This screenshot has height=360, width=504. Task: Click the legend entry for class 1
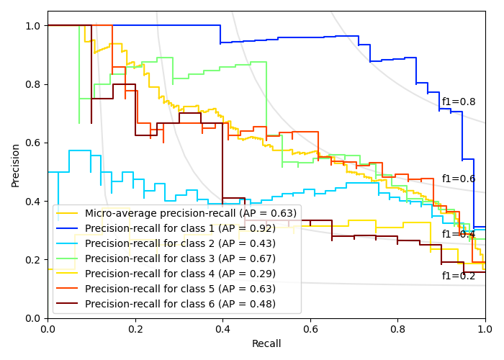tap(180, 228)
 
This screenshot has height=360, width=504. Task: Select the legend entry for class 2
tap(180, 243)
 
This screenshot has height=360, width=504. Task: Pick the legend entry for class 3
tap(180, 258)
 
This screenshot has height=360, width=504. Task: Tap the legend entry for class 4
tap(180, 274)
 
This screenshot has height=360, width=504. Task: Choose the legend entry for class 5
tap(180, 289)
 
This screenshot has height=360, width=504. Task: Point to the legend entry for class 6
tap(180, 304)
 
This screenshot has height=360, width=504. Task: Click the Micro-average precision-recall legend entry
tap(191, 213)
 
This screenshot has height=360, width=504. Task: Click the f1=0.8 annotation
tap(459, 102)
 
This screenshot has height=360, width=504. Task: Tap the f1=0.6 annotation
tap(459, 179)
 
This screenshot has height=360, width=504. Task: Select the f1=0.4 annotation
tap(459, 234)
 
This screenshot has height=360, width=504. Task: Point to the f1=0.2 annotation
tap(459, 276)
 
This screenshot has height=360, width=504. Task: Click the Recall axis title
tap(266, 344)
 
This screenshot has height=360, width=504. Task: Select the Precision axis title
tap(16, 164)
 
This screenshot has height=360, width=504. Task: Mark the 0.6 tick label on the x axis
tap(310, 329)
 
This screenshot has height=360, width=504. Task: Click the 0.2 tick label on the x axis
tap(135, 329)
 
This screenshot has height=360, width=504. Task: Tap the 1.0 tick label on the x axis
tap(485, 329)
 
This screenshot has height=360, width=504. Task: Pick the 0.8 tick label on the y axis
tap(33, 84)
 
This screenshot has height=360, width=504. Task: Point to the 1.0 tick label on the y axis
tap(33, 26)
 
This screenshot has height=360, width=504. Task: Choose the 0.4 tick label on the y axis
tap(33, 202)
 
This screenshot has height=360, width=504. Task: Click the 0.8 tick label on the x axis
tap(397, 329)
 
